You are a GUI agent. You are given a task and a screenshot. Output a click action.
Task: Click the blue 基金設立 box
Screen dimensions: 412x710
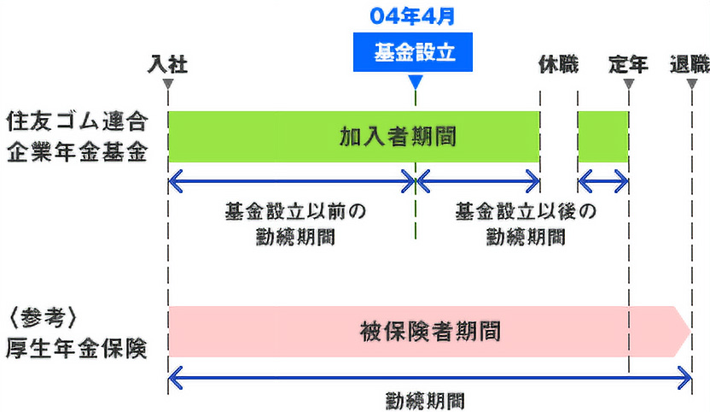point(415,53)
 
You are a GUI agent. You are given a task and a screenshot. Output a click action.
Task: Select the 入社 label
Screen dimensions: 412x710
point(167,63)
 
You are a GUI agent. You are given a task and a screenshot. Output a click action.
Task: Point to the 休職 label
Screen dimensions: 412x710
point(558,63)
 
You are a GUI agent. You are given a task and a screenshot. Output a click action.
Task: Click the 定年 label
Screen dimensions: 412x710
point(628,63)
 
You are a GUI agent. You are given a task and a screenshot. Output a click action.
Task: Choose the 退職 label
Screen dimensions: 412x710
point(690,63)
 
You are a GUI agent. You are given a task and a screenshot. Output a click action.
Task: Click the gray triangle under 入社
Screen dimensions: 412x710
point(168,84)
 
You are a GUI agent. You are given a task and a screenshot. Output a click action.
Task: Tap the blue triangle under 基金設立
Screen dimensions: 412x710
point(416,83)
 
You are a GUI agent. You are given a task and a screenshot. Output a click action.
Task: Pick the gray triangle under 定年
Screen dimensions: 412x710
point(628,84)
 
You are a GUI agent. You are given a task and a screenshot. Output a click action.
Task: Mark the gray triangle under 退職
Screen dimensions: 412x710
point(690,84)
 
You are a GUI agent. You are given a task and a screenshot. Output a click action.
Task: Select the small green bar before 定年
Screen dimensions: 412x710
point(602,136)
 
